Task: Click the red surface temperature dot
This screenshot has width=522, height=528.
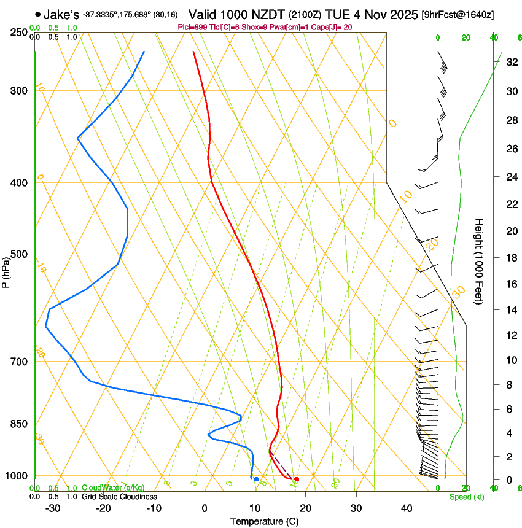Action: click(x=297, y=479)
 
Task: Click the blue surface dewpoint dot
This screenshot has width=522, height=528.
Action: click(x=256, y=479)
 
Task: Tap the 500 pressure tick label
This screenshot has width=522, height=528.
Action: click(x=19, y=254)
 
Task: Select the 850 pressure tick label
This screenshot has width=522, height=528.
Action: click(x=19, y=424)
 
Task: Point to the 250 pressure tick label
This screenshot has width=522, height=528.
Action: click(x=19, y=33)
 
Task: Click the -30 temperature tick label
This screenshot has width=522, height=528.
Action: click(x=53, y=508)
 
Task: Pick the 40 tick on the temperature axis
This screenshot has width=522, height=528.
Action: click(x=406, y=508)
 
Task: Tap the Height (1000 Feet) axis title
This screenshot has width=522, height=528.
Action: click(x=479, y=262)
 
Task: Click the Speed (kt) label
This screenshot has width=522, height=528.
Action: click(x=466, y=497)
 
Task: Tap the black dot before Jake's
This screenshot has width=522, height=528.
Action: click(x=38, y=14)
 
